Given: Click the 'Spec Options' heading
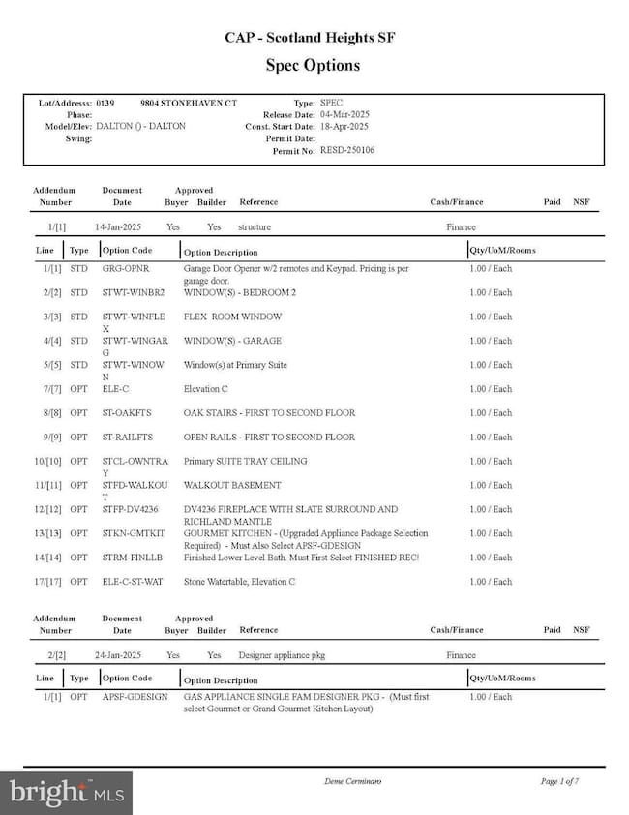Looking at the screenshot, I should point(313,66).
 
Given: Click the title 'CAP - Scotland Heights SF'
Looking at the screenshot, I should point(311,38).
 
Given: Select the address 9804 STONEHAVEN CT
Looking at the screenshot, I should point(188,103).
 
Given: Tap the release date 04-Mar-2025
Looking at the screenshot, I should point(344,114).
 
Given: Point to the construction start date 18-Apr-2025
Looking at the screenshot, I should point(344,127).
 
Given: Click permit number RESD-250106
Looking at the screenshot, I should point(347,150).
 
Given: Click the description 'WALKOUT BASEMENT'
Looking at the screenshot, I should point(232,485).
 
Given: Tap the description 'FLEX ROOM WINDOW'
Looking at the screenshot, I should point(232,317).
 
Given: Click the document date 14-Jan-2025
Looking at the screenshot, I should point(119,227).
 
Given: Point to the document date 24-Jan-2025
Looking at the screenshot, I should point(119,655).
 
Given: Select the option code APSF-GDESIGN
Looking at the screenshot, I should point(135,697).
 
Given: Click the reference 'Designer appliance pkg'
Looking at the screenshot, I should point(282,655).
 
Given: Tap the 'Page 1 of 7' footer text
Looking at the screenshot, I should point(560,780).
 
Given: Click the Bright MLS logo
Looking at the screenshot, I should point(66,793).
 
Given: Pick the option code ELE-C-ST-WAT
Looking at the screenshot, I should point(133,582).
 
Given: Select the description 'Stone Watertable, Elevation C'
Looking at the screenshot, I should point(239,582).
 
